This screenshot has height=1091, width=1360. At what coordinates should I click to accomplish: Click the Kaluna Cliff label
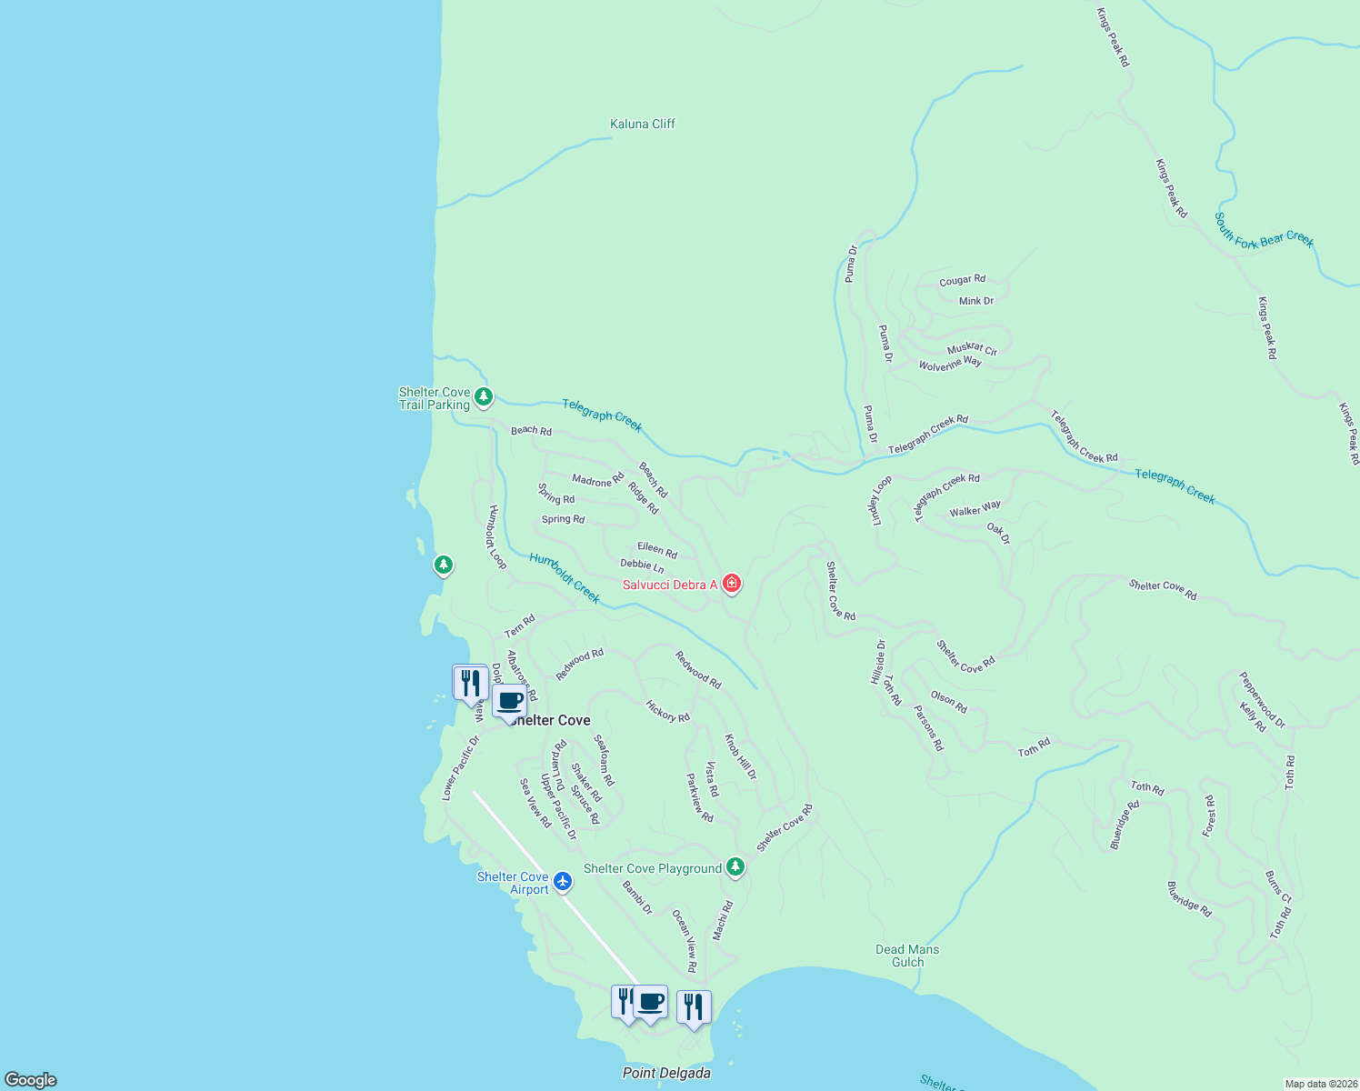642,124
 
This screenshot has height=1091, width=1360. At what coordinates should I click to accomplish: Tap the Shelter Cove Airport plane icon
563,880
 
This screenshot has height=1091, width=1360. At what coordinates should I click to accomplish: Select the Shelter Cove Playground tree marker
735,866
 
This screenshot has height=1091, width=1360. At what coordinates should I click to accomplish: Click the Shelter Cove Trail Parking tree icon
484,396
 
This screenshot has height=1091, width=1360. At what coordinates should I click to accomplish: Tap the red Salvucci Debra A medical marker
731,584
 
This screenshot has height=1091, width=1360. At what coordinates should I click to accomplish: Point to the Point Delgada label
666,1073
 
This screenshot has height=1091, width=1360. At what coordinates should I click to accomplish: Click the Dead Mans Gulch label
907,956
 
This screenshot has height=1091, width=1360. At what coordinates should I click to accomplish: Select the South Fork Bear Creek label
1265,231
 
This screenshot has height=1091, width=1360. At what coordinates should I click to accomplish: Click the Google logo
31,1079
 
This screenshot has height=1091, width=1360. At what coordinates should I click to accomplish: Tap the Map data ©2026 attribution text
1320,1084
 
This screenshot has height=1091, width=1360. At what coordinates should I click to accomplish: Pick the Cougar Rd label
962,280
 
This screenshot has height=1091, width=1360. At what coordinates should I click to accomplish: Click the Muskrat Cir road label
972,349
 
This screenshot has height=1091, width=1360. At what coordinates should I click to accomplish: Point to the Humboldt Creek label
565,578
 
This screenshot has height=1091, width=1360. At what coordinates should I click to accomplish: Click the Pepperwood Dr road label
1262,700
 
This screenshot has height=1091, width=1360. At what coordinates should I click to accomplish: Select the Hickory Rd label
667,711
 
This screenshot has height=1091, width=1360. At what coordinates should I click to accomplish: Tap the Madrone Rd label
597,480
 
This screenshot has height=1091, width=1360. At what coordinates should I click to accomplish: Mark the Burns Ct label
1277,887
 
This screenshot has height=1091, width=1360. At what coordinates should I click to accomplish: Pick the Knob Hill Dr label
740,756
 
